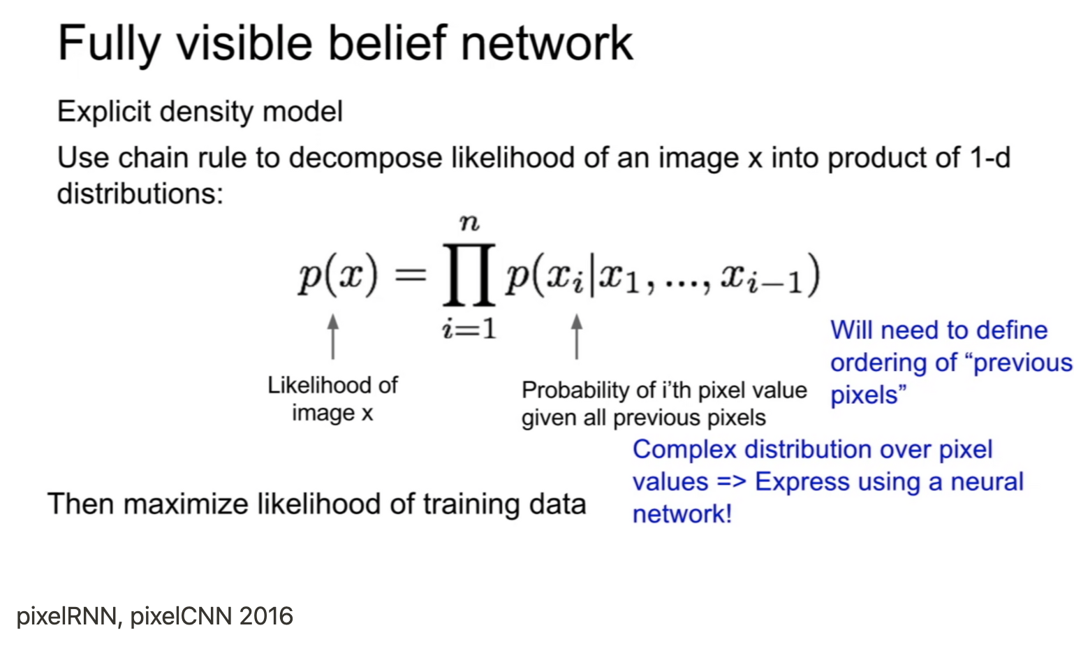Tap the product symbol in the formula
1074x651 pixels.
(x=469, y=275)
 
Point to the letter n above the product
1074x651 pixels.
(x=469, y=223)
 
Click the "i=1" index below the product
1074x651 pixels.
(x=469, y=328)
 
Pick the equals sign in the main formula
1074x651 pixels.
(x=411, y=275)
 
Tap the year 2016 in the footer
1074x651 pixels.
(x=266, y=616)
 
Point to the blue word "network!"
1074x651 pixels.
(x=682, y=514)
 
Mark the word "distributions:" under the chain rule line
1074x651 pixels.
(x=140, y=193)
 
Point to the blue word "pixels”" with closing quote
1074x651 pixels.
(x=868, y=395)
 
